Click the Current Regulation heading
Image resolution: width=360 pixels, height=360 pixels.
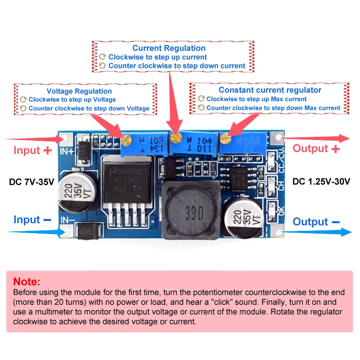tap(169, 48)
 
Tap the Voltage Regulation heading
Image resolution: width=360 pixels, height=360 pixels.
tap(79, 91)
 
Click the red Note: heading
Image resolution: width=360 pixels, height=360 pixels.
tap(27, 282)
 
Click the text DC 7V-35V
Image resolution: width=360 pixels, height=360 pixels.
tap(31, 182)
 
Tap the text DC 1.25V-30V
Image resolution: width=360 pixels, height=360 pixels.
tap(321, 182)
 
